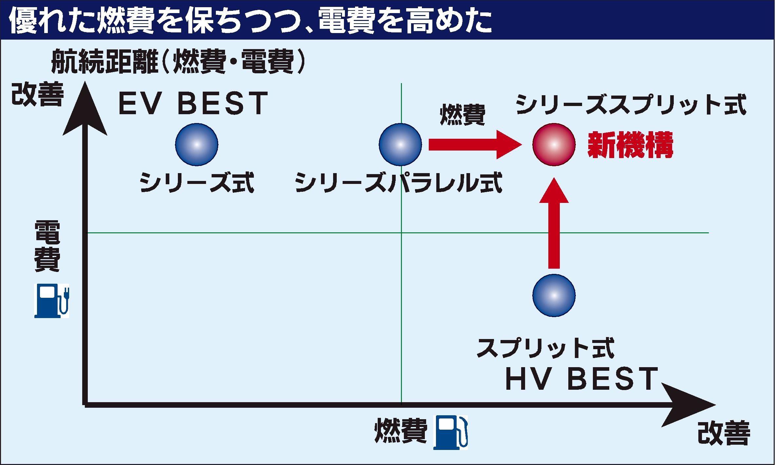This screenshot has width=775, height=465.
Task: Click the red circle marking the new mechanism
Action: coord(554,145)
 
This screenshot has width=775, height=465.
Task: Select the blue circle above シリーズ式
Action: coord(197,145)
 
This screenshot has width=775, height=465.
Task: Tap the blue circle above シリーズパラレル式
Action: coord(400,145)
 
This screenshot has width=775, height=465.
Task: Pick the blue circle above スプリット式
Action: coord(554,295)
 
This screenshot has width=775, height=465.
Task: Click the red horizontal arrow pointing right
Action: coord(475,145)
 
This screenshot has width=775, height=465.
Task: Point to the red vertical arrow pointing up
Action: coord(554,223)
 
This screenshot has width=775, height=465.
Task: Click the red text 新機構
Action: coord(631,145)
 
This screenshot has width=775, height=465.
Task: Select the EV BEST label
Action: coord(193,103)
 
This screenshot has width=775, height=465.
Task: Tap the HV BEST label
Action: coord(582,379)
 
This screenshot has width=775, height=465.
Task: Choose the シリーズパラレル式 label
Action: coord(399,183)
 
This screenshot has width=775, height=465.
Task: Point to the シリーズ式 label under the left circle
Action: coord(197,183)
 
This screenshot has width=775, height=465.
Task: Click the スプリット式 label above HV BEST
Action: coord(546,348)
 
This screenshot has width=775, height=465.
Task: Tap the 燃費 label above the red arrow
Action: coord(463,115)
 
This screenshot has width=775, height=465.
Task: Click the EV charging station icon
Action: coord(52,301)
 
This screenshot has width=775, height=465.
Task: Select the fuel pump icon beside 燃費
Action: coord(450,432)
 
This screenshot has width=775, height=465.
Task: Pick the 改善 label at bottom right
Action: coord(724,433)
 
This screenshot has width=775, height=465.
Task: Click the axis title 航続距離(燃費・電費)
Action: coord(179,61)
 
